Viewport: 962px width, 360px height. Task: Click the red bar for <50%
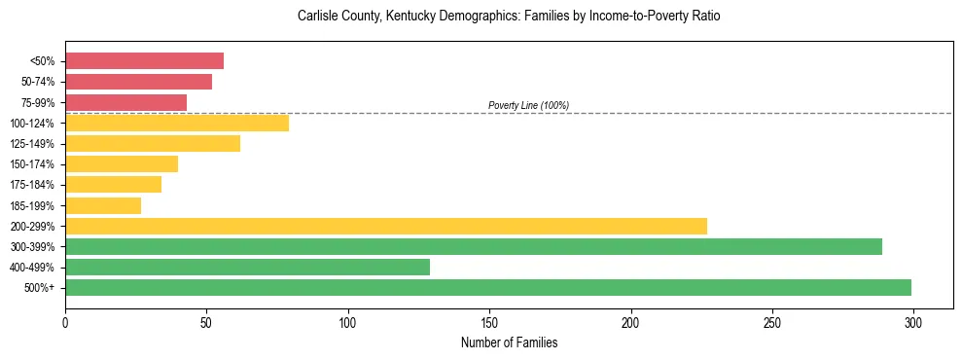144,61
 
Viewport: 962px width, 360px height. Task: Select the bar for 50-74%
138,82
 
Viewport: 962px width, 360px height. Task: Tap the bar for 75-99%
125,102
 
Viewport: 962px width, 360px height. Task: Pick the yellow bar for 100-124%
177,123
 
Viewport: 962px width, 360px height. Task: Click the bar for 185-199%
103,205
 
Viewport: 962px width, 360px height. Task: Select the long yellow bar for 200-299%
386,226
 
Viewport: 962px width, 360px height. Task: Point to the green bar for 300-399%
474,246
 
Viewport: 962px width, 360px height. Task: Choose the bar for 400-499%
247,267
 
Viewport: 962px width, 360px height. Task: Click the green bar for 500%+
488,287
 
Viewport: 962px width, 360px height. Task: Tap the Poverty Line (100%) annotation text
528,105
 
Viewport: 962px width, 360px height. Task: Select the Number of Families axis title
509,343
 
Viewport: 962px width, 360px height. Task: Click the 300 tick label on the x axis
913,322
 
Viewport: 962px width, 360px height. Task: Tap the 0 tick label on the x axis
65,322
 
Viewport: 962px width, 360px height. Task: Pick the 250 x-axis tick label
772,322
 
